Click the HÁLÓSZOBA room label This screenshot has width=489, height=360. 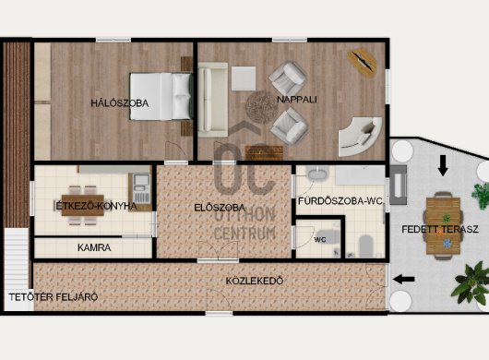120,103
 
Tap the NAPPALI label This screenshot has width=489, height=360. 297,100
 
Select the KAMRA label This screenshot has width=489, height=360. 94,247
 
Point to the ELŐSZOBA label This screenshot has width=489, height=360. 220,208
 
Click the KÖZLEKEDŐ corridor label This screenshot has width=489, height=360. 255,281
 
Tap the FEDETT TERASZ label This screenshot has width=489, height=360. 440,229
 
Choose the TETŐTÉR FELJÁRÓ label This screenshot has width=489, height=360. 54,297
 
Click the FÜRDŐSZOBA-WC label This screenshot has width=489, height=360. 340,201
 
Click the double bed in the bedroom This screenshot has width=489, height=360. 161,96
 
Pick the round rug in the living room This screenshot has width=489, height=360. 261,107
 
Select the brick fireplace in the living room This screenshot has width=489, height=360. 264,153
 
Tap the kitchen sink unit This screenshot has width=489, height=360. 141,188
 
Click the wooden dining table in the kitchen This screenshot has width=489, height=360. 83,205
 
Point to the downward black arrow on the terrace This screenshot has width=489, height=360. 443,166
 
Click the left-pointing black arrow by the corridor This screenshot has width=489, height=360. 404,279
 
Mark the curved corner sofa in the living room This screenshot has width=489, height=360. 361,138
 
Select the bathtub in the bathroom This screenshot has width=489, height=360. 360,175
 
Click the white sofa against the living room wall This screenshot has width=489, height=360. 213,100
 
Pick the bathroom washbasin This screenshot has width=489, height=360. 317,174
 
